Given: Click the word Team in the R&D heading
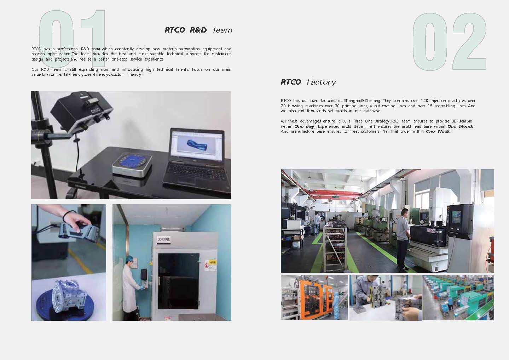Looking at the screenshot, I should (222, 30).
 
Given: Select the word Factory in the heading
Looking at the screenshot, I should (321, 82).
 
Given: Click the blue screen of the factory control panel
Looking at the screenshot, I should (456, 216).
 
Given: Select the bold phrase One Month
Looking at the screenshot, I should (460, 126).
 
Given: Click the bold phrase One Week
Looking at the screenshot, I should (438, 131).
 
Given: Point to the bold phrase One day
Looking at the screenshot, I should (304, 126).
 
